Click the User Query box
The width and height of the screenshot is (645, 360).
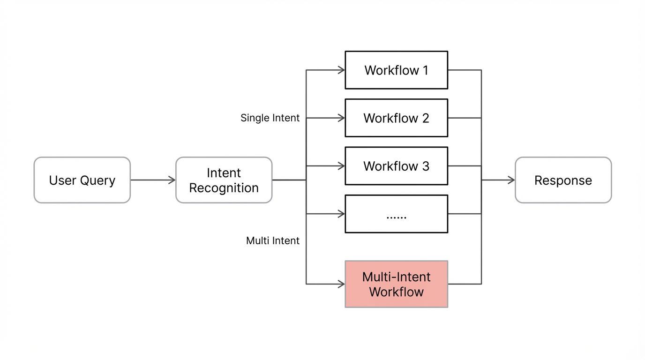tap(82, 180)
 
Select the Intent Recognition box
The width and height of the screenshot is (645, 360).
tap(224, 180)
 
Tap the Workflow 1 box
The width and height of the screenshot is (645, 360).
tap(396, 70)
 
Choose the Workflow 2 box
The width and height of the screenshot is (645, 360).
tap(396, 118)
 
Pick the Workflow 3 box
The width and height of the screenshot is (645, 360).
tap(396, 166)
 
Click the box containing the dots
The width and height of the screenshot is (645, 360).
tap(396, 214)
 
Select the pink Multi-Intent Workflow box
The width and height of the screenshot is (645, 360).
tap(396, 284)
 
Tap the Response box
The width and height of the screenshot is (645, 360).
tap(563, 180)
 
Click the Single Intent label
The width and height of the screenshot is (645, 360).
tap(270, 118)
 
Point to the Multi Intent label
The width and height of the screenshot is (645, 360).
tap(273, 241)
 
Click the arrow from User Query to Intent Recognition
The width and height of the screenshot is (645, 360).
tap(153, 180)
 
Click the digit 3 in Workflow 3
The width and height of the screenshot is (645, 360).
tap(426, 166)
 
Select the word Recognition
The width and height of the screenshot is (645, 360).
tap(224, 188)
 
